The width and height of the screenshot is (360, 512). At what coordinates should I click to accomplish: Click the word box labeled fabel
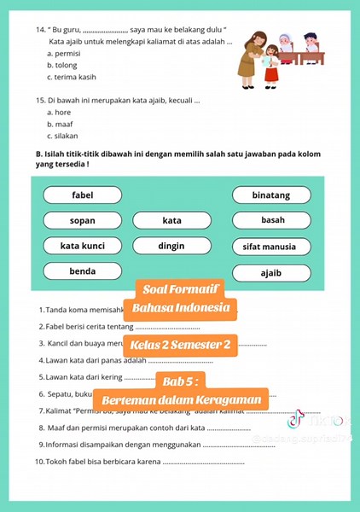click(83, 195)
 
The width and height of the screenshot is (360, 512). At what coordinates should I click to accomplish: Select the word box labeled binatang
click(270, 195)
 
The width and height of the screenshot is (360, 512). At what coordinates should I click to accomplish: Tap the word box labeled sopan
click(83, 220)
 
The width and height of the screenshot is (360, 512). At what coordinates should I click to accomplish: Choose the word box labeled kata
click(171, 220)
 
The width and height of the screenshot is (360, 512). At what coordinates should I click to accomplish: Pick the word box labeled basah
click(272, 220)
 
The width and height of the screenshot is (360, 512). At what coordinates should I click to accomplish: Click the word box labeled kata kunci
click(83, 246)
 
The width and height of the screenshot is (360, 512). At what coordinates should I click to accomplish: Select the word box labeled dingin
click(171, 246)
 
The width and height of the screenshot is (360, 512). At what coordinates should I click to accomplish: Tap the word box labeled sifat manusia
click(270, 247)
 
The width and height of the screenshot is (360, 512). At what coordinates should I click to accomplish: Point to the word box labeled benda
click(83, 271)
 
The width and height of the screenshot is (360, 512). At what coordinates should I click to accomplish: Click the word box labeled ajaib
click(270, 273)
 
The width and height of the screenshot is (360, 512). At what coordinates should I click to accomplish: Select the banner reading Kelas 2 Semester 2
click(179, 346)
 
